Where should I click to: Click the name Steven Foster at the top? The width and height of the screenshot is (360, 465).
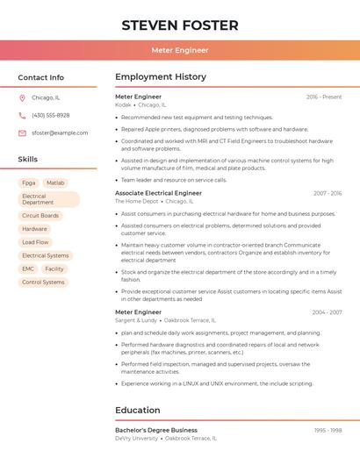179,25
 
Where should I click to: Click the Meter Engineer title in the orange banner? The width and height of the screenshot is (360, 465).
179,50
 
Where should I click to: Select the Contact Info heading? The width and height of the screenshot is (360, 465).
40,77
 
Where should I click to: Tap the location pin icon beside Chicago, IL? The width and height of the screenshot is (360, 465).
22,98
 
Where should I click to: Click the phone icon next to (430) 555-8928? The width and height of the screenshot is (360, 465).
22,116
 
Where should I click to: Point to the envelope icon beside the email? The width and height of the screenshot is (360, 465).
22,133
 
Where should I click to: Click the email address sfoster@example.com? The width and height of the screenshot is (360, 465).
60,133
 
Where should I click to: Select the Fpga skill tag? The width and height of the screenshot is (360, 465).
28,183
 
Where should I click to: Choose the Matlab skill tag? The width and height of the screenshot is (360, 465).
55,183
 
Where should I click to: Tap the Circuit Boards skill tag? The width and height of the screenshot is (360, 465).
40,216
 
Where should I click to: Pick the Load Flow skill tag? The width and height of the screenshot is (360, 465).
35,242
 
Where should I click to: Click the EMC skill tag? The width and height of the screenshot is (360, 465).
28,269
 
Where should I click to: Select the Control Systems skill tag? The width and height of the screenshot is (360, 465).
43,283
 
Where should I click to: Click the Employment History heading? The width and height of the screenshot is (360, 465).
161,77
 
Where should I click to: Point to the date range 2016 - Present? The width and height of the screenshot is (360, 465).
324,97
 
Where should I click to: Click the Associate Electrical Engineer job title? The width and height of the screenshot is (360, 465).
158,193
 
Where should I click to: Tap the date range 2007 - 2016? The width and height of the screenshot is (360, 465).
327,193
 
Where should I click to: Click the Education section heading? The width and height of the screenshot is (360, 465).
138,411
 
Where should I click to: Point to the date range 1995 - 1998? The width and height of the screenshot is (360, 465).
328,431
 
